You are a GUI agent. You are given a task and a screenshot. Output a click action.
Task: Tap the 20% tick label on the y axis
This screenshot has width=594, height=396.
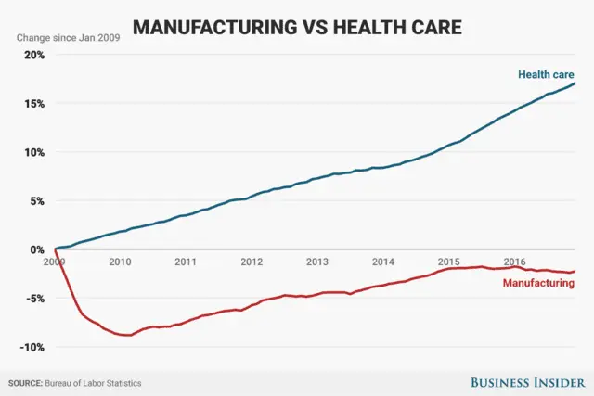pos(33,55)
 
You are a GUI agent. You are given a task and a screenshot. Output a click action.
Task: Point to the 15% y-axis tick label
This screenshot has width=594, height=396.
pos(33,103)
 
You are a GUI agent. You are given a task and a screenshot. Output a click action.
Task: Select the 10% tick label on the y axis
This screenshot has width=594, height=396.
pos(33,152)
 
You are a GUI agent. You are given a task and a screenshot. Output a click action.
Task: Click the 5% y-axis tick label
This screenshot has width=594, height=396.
pos(36,201)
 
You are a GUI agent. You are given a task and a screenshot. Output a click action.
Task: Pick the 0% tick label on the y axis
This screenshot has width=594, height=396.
pos(36,249)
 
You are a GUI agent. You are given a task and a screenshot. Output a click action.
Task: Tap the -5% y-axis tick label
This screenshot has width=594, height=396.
pos(34,299)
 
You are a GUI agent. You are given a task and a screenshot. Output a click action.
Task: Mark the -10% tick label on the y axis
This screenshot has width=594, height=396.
pos(32,347)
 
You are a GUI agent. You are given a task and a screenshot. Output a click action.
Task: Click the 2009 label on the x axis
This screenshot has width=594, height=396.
pos(55,262)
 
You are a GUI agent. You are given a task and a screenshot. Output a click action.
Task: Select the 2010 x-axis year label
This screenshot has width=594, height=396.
pos(120,262)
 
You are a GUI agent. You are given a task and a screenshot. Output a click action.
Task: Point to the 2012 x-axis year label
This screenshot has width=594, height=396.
pos(252,262)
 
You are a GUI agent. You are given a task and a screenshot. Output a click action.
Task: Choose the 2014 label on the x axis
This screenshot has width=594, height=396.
pos(383,262)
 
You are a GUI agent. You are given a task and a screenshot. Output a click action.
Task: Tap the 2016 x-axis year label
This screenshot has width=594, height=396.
pos(515,262)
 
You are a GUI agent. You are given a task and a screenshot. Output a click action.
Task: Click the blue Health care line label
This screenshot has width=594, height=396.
pos(546,73)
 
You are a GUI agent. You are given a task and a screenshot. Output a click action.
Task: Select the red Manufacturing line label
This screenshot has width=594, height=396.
pos(538,283)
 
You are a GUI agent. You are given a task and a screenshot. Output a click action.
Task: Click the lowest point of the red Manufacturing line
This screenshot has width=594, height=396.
pos(127,335)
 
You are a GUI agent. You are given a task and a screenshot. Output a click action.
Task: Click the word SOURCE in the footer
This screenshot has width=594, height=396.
pos(28,382)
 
